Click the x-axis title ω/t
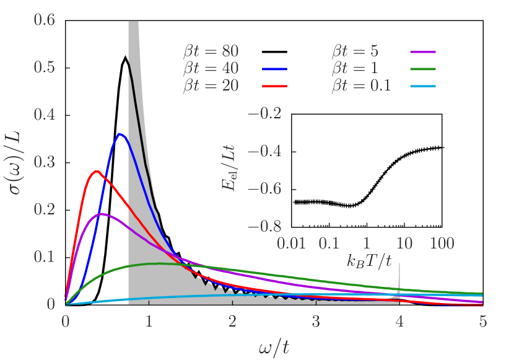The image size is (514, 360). click(274, 346)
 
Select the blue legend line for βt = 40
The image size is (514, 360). click(275, 69)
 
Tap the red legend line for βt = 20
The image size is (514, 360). click(275, 86)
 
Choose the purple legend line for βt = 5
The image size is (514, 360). click(424, 51)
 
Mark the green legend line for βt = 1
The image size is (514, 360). click(424, 69)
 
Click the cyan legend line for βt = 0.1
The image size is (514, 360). click(424, 86)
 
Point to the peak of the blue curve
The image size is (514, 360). click(120, 134)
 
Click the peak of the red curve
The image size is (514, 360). click(95, 171)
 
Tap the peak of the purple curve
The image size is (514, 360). click(102, 214)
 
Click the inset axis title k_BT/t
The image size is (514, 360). click(369, 261)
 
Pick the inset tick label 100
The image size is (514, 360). click(442, 244)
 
